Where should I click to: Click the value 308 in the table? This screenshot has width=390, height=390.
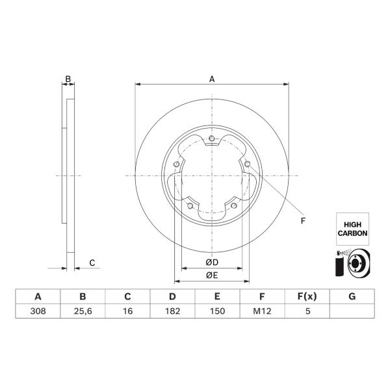tap(38, 311)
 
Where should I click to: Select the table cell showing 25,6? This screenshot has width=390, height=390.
tap(83, 311)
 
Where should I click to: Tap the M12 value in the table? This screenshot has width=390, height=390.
tap(262, 311)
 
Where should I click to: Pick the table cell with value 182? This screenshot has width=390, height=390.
tap(172, 311)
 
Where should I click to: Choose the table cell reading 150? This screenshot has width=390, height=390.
tap(217, 311)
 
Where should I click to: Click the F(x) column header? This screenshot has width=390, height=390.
tap(307, 296)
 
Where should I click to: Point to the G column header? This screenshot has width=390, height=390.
tap(352, 296)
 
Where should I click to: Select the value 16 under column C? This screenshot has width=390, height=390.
tap(127, 311)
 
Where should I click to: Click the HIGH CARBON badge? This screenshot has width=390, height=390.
tap(352, 229)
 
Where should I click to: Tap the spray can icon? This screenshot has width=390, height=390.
tap(339, 264)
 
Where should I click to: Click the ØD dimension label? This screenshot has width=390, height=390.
tap(212, 262)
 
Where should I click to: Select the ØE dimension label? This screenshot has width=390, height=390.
tap(212, 275)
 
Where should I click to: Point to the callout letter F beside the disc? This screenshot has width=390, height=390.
tap(303, 220)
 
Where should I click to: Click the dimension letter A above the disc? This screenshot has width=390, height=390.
tap(212, 79)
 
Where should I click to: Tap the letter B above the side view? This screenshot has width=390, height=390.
tap(68, 79)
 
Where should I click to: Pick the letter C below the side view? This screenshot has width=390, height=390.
tap(92, 263)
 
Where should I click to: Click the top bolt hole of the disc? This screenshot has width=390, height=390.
tap(212, 138)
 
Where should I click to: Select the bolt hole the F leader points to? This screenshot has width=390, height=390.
tap(247, 164)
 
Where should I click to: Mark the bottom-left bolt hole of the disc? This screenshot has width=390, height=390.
tap(190, 205)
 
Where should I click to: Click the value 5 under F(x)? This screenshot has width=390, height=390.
tap(307, 311)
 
